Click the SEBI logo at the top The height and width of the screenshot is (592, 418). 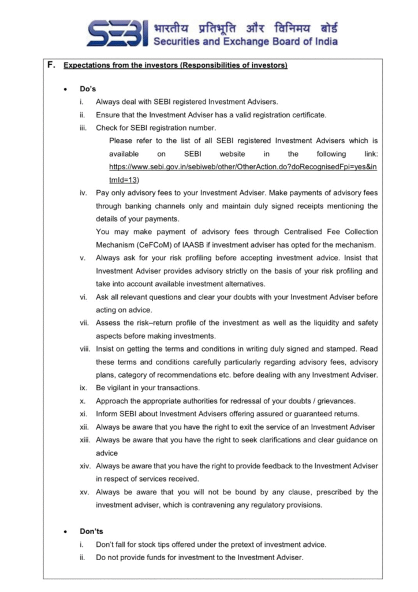[x=118, y=34]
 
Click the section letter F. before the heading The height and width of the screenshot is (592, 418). [x=51, y=65]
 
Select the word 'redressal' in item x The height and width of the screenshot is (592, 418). [x=232, y=401]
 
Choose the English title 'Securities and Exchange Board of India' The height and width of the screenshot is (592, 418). [x=246, y=42]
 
